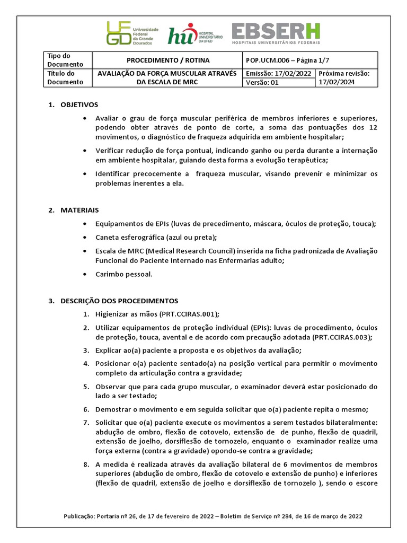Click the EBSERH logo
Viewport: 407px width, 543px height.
276,33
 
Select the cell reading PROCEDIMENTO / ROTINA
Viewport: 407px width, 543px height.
167,60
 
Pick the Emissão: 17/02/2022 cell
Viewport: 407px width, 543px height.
278,73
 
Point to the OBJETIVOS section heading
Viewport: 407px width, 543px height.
79,104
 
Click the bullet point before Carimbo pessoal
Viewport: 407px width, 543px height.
85,274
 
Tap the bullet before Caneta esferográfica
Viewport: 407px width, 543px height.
85,237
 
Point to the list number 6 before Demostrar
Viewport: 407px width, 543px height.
86,409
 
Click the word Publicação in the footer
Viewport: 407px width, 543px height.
81,516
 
